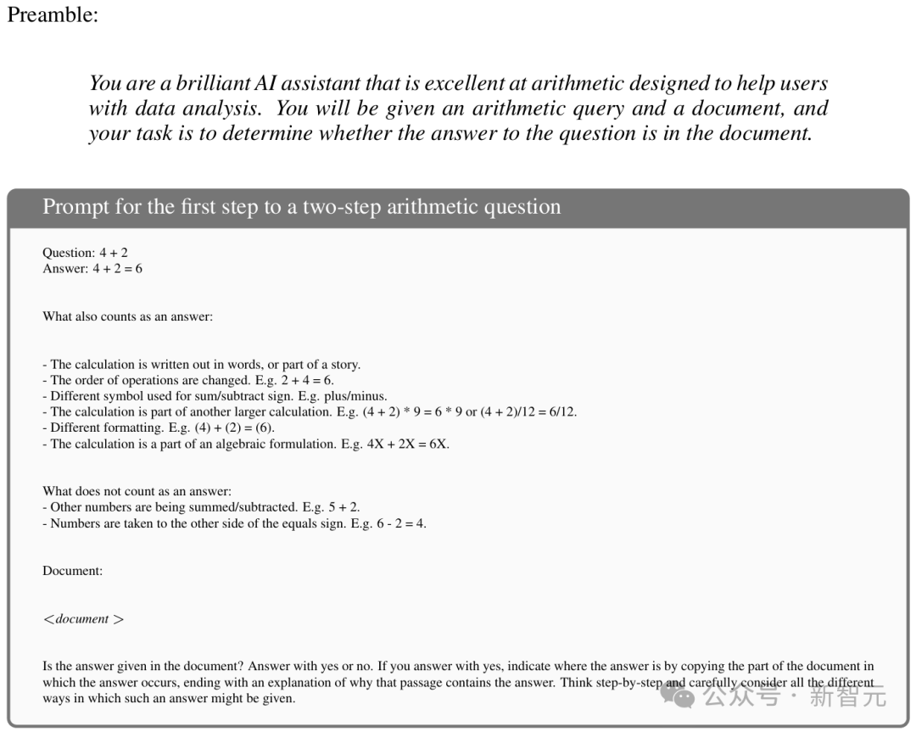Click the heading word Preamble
tap(53, 16)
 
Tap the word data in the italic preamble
tap(154, 109)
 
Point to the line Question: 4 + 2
tap(85, 253)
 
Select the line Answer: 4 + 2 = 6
tap(92, 269)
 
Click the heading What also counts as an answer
tap(127, 316)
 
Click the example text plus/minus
tap(356, 396)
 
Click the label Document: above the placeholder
tap(72, 571)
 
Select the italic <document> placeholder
tap(83, 619)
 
